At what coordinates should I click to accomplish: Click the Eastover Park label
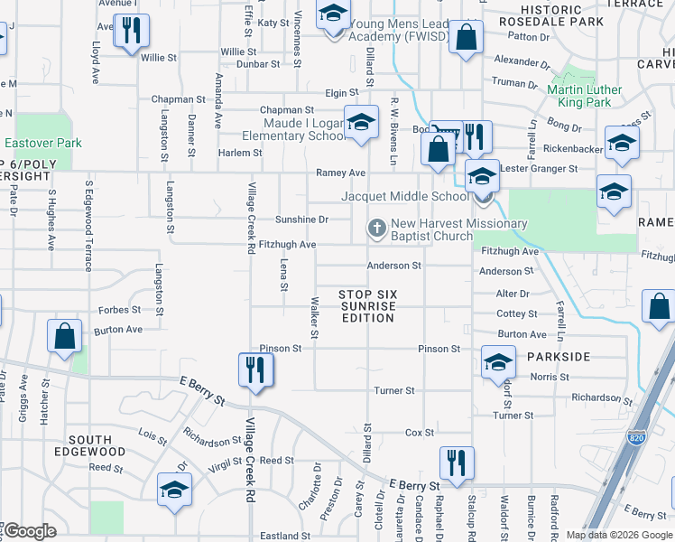pos(42,143)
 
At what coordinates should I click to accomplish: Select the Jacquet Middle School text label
pos(403,197)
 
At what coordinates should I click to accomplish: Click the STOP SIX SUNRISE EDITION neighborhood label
pos(367,305)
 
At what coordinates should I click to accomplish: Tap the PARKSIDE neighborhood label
pos(560,356)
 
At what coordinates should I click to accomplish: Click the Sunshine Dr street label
pos(301,220)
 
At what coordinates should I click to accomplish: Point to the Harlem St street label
pos(241,153)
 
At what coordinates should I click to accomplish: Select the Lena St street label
pos(283,275)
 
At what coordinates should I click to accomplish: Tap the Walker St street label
pos(314,318)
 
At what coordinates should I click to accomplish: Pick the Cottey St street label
pos(516,313)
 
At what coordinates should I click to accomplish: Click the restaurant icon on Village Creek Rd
pos(255,369)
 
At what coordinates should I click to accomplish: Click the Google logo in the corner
pos(30,532)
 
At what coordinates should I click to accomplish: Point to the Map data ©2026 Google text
pos(618,535)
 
